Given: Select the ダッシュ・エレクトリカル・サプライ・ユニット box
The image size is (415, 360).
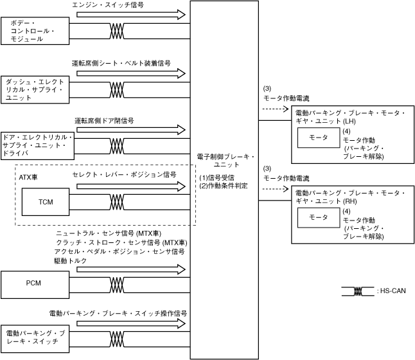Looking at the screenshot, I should [36, 89].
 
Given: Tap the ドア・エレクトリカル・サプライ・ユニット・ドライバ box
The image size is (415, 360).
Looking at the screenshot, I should [37, 146].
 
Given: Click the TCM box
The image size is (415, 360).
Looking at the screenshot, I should [46, 202].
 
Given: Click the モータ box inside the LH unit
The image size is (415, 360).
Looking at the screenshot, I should [319, 138].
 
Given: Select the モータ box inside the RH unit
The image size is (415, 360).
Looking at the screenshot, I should [319, 218].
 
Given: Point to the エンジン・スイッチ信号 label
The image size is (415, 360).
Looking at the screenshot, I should [108, 4].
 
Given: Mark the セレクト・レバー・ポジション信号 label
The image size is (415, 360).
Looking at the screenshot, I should [124, 174].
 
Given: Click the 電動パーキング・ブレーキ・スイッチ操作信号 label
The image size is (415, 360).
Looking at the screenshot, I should [118, 313].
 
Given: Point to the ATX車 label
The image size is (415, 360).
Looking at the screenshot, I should [29, 175].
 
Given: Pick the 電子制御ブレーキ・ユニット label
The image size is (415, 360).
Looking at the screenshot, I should [227, 161].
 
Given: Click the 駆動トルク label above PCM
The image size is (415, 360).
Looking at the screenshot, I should [69, 262].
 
